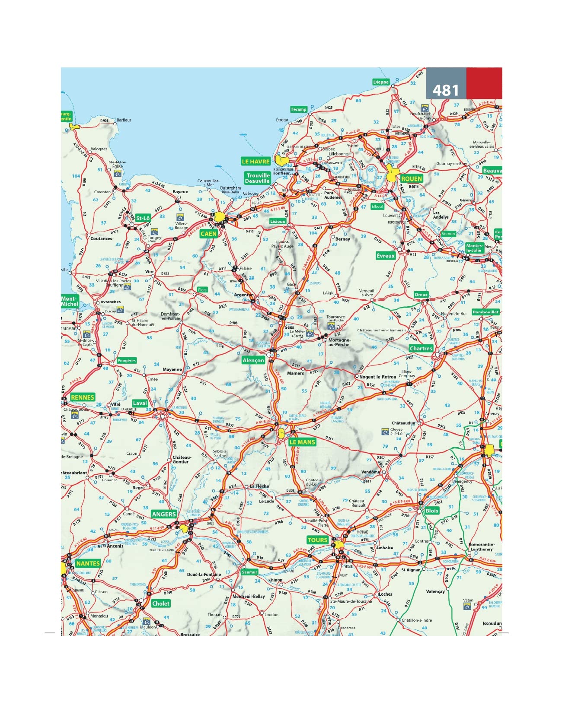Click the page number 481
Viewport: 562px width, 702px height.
pos(446,90)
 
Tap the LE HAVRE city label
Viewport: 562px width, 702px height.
pos(255,162)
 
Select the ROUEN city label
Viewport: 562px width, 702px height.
pos(411,178)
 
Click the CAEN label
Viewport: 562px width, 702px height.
pos(209,234)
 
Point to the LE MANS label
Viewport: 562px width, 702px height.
pos(302,442)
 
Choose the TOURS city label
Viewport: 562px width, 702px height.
pos(317,540)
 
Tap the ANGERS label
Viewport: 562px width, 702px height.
pos(164,514)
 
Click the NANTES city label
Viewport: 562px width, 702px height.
pos(88,563)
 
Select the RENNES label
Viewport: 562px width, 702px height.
pos(83,397)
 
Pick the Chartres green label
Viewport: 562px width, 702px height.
pos(421,348)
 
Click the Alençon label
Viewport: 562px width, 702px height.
pos(253,360)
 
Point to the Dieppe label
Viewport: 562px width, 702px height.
pos(381,82)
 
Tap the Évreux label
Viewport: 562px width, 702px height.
pos(386,256)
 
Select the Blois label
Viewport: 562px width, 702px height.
pos(431,511)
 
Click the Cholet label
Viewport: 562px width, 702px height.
pos(161,604)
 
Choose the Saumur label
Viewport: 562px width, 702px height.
pos(249,572)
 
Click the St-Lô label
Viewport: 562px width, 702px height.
pos(143,218)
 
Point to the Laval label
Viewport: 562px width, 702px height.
pos(140,403)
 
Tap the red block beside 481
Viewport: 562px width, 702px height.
pos(484,83)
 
